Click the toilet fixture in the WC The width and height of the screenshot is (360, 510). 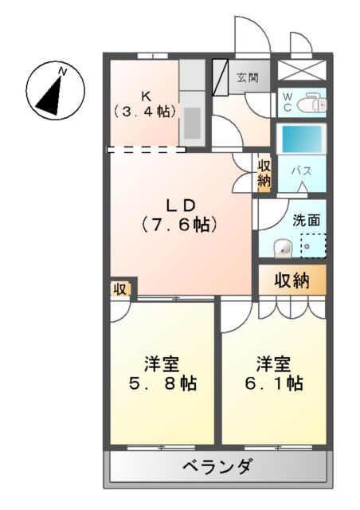pos(313,102)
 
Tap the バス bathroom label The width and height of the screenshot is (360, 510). pos(300,170)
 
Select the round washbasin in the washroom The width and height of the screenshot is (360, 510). pos(282,249)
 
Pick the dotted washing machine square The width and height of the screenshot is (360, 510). pos(312,246)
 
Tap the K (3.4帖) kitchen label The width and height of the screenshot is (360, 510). pos(146,103)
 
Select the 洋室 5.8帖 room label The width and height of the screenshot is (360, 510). pos(162,375)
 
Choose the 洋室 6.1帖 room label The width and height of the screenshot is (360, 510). pos(273,375)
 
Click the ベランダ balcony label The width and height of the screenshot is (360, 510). pos(217,466)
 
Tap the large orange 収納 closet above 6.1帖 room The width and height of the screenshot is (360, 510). pos(292,280)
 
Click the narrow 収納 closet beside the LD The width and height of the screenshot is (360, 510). pos(264,173)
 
